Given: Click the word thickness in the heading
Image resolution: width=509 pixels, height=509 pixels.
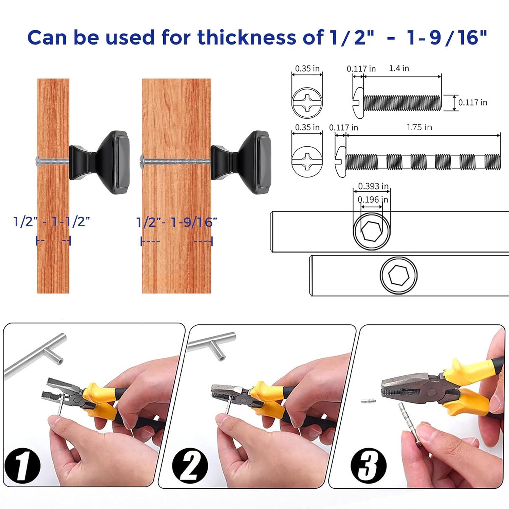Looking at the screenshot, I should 247,37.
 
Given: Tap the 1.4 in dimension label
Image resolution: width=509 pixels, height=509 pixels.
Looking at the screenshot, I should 399,69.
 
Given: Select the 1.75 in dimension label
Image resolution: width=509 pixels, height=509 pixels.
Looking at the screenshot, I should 419,128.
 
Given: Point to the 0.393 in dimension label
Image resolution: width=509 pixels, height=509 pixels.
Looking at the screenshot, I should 373,186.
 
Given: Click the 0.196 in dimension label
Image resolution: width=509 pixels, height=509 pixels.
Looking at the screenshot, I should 373,200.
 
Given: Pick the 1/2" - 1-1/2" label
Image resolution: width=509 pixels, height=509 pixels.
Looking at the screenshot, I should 52,222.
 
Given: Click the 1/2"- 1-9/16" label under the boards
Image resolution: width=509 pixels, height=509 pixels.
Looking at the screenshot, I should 176,222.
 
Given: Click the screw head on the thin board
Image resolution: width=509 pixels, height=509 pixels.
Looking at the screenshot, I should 37,159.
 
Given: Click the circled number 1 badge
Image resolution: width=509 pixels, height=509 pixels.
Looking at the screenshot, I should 22,465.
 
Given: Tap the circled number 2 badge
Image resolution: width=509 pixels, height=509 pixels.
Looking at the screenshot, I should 190,465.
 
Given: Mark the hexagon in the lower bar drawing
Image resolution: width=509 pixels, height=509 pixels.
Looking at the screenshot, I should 398,275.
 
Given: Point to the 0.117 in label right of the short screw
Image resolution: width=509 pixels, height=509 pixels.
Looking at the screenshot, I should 472,102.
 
